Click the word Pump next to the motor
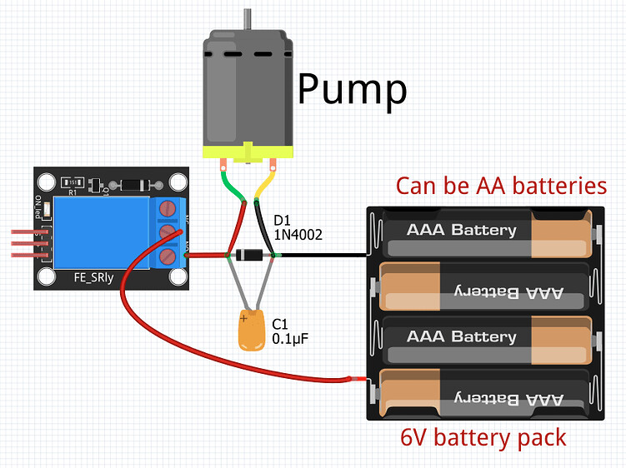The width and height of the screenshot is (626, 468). point(352,88)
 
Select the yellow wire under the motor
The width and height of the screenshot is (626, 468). point(266,182)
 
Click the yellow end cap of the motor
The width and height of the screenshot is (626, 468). point(248,152)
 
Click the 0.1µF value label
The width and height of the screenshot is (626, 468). point(291,339)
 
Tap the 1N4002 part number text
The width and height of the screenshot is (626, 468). point(298,235)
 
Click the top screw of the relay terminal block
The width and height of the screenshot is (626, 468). point(168,208)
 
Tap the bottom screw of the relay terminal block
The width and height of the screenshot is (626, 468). point(168,256)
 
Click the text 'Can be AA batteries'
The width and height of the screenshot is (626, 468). point(501,185)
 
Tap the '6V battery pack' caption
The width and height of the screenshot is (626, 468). point(483,436)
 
